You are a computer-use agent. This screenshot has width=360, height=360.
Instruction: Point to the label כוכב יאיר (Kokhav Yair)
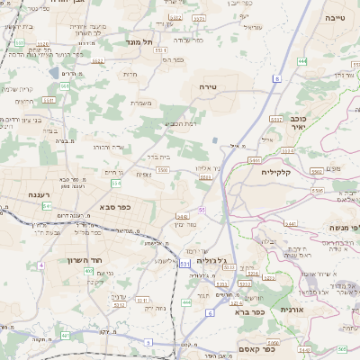[x=299, y=122]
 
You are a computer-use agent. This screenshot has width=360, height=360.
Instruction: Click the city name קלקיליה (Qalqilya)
[x=276, y=172]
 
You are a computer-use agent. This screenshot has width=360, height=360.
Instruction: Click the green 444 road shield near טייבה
[x=301, y=60]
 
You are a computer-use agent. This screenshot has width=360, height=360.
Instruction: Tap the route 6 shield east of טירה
[x=277, y=79]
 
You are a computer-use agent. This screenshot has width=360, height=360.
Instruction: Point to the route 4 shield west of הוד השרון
[x=40, y=265]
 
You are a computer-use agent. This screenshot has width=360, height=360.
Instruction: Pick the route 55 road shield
[x=202, y=209]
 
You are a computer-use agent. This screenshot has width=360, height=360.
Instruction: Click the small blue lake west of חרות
[x=54, y=70]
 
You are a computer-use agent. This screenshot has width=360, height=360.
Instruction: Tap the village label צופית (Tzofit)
[x=144, y=175]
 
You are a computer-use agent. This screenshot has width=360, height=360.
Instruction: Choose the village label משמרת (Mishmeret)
[x=140, y=103]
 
